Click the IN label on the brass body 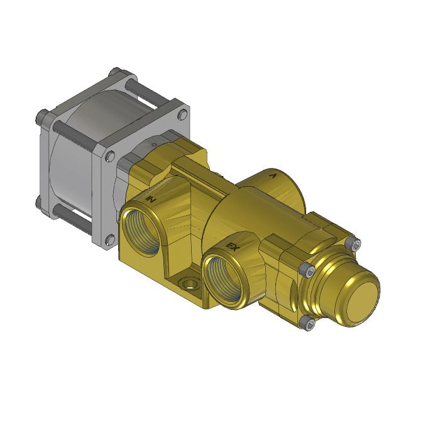tap(151, 199)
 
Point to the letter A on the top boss tap(272, 177)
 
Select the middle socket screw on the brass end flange tap(307, 271)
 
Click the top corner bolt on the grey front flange tap(183, 114)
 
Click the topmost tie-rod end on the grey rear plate tap(115, 73)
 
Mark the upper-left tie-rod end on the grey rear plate tap(41, 116)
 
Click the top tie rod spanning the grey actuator tap(148, 92)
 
